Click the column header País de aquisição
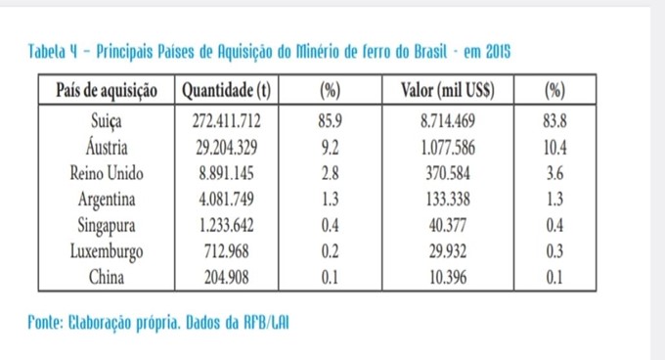pos(107,90)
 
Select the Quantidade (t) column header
pos(226,90)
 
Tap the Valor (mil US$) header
pos(448,90)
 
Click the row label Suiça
pos(107,121)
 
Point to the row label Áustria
pos(107,147)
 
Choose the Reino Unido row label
pos(107,173)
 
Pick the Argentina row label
pos(107,200)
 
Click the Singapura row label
pos(107,225)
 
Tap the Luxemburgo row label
pos(107,251)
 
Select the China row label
pos(107,277)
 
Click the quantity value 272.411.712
pos(226,121)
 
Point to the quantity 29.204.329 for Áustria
pos(226,147)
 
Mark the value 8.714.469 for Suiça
pos(448,121)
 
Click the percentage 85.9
pos(330,121)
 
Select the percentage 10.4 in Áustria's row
pos(554,147)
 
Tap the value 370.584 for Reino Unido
pos(448,173)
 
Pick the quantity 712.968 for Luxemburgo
pos(226,251)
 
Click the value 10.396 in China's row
pos(448,277)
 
